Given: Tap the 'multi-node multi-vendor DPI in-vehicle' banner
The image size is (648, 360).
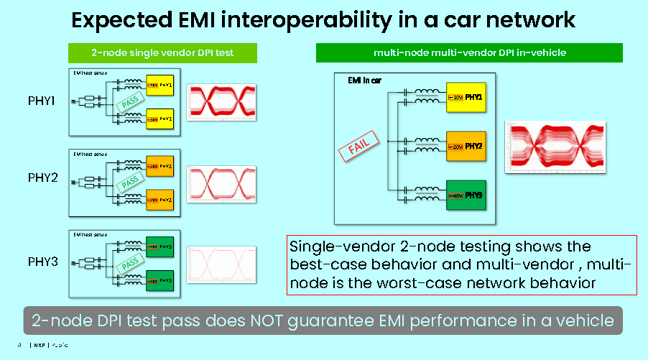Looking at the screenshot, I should coord(469,52).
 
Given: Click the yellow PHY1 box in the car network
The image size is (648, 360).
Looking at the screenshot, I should coord(467,97).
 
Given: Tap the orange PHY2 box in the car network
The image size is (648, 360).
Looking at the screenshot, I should coord(467,147).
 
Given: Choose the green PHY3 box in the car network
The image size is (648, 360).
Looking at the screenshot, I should coord(467,195).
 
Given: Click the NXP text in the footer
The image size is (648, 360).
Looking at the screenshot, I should coord(37,343).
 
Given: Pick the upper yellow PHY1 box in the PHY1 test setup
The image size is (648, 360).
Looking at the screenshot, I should coord(159,86).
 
